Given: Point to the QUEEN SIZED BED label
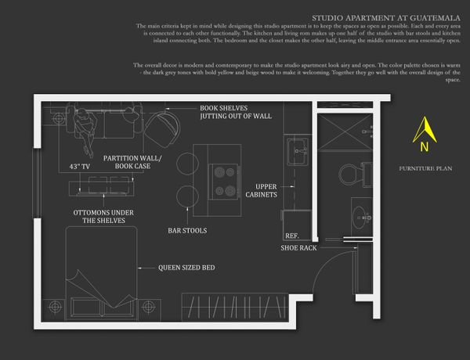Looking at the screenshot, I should click(x=186, y=268).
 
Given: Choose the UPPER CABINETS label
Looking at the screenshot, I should click(x=261, y=190).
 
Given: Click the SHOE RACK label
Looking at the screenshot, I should click(x=299, y=248).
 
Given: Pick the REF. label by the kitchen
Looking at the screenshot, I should click(x=292, y=236).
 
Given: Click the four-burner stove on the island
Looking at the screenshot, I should click(x=224, y=180).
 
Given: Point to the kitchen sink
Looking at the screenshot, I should click(x=297, y=153).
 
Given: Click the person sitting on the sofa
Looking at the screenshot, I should click(x=93, y=120).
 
